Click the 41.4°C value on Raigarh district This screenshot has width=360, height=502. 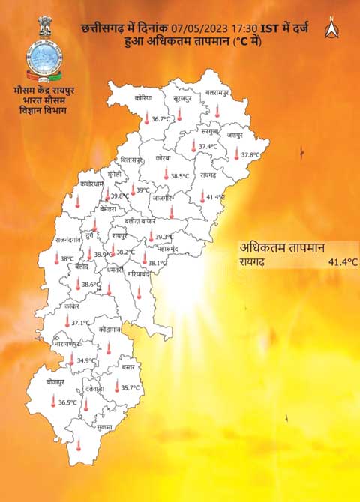click(x=216, y=197)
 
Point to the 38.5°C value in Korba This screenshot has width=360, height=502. click(x=179, y=176)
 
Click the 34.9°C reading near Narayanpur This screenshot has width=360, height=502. click(x=87, y=360)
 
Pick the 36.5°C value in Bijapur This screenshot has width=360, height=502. click(x=68, y=403)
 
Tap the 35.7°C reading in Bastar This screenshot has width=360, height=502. click(x=131, y=388)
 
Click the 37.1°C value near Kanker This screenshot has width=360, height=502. click(x=80, y=324)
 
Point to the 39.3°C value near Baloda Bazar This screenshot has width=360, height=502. click(x=165, y=237)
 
